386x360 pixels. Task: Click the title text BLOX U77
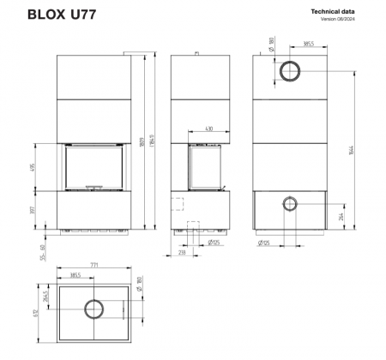point(64,14)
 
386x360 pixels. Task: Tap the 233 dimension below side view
point(182,253)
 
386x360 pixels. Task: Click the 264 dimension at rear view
point(343,217)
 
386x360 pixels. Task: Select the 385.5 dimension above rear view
point(306,45)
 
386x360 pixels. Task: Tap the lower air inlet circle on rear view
point(290,204)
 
